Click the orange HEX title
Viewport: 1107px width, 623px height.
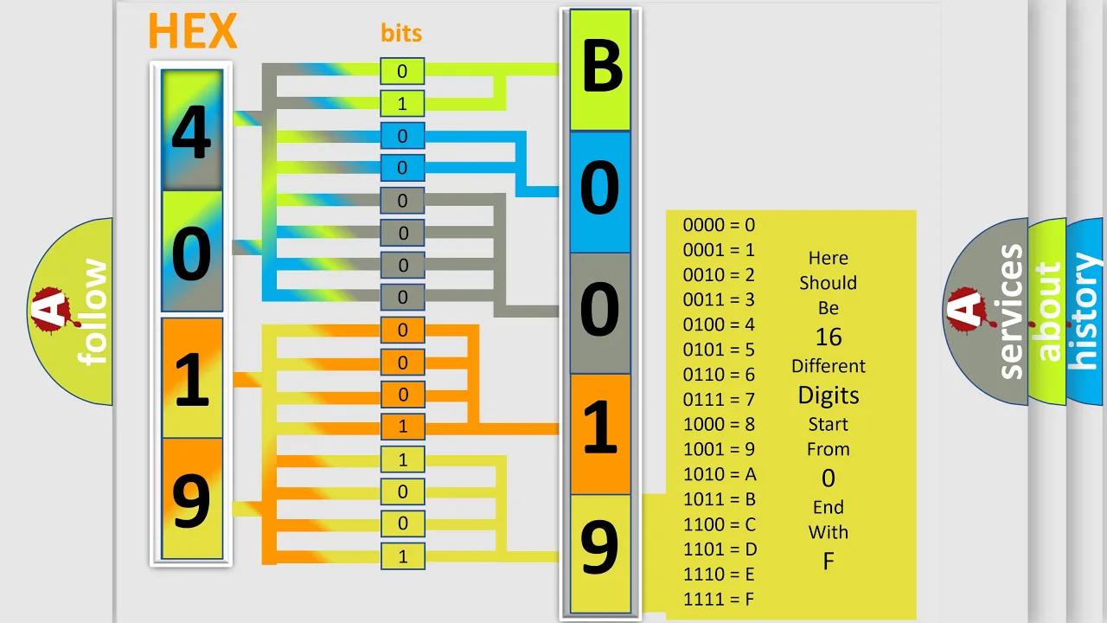click(x=193, y=30)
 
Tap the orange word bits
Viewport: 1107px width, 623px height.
click(x=401, y=33)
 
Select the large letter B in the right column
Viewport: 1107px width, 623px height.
click(x=601, y=66)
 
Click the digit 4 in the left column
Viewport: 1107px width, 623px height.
click(x=191, y=132)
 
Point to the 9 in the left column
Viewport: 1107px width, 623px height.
click(x=191, y=501)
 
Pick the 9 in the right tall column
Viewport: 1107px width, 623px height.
click(x=599, y=548)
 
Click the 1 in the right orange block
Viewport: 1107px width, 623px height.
click(x=600, y=427)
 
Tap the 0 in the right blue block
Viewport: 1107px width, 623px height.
click(x=599, y=187)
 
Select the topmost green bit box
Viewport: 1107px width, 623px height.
click(x=402, y=71)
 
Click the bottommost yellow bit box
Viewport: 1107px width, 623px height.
click(x=403, y=556)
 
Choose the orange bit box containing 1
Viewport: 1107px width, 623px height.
click(x=403, y=427)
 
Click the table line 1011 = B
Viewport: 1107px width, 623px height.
click(x=719, y=499)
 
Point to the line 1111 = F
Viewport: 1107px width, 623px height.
click(x=719, y=599)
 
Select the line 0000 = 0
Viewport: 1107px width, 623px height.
click(x=719, y=225)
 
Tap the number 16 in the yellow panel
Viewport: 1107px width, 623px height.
click(x=829, y=337)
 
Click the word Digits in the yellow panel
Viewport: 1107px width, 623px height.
click(x=829, y=395)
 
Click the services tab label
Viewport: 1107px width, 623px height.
click(x=1011, y=311)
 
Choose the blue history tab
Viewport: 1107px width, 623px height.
click(x=1085, y=311)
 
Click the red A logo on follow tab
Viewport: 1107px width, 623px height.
click(x=54, y=310)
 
